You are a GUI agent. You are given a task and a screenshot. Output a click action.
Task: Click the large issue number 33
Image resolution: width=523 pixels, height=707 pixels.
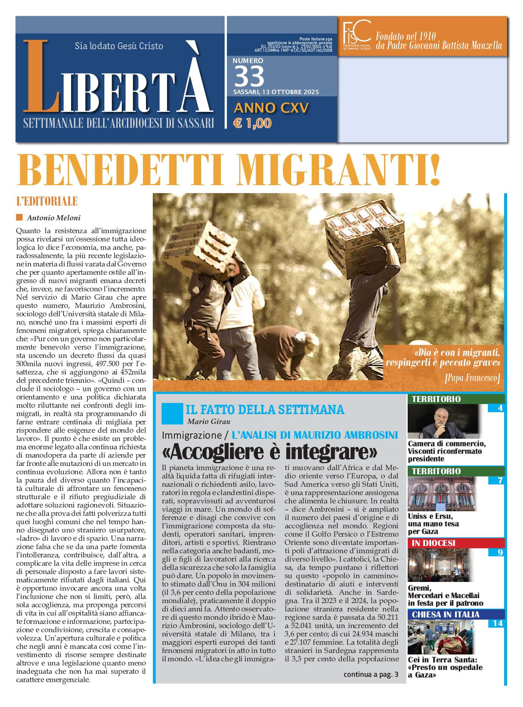[249, 76]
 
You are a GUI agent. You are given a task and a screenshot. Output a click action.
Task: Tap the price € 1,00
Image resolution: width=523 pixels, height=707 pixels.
[252, 123]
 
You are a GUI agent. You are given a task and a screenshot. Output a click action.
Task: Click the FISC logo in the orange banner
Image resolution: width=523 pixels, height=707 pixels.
[356, 34]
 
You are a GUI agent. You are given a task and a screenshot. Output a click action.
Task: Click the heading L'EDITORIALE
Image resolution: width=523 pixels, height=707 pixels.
[47, 201]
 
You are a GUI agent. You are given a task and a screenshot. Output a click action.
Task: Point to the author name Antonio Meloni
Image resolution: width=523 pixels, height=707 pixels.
[53, 218]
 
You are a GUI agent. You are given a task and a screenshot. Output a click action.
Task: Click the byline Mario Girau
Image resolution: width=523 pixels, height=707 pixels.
[208, 421]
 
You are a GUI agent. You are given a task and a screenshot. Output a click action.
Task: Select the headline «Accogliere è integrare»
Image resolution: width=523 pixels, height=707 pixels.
[270, 451]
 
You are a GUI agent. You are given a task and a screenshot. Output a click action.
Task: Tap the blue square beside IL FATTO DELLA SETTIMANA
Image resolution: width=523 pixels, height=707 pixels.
[172, 413]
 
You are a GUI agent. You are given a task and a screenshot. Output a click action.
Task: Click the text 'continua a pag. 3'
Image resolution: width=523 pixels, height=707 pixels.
[371, 675]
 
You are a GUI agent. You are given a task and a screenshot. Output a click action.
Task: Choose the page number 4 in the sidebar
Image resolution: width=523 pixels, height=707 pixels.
[500, 408]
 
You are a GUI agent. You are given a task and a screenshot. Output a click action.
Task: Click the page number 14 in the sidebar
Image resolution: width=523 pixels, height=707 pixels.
[497, 623]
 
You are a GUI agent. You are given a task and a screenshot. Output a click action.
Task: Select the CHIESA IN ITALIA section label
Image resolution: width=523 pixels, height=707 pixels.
[445, 614]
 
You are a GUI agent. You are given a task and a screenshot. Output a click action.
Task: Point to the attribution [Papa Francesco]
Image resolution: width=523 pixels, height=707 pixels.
[472, 378]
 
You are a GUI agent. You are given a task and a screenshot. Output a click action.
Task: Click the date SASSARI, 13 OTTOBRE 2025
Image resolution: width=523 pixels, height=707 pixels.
[276, 92]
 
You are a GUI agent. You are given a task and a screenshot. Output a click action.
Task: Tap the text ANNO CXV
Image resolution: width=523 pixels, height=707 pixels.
[271, 108]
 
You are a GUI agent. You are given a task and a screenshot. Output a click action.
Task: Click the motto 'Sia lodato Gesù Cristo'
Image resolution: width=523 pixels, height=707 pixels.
[119, 46]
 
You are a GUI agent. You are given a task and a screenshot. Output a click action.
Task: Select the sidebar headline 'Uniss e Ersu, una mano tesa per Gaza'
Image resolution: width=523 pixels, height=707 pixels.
[433, 524]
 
